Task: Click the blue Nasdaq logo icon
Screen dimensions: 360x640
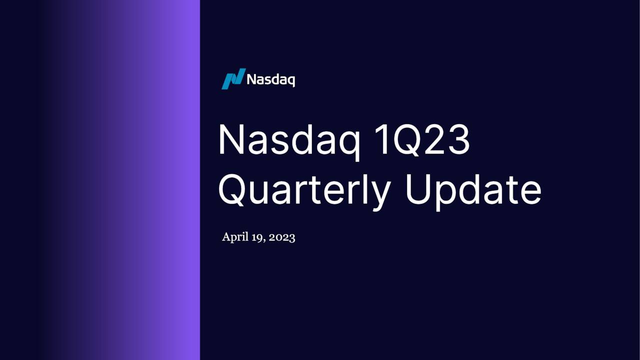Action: tap(233, 79)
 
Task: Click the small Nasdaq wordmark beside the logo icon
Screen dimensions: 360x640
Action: tap(270, 79)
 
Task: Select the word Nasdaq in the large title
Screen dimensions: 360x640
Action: tap(288, 140)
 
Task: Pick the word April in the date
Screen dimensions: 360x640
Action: tap(235, 237)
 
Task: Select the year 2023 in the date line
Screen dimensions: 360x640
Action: tap(282, 237)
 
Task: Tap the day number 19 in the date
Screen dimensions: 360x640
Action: tap(257, 237)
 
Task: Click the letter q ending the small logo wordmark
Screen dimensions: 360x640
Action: tap(290, 81)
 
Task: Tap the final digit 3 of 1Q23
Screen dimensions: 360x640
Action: tap(458, 140)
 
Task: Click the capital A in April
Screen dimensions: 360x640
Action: tap(226, 236)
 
